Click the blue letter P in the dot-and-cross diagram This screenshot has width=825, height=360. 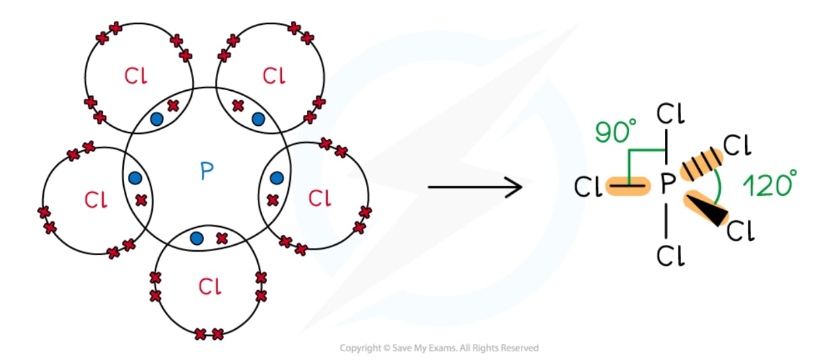pos(207,172)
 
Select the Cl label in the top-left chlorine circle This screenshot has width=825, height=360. pos(135,76)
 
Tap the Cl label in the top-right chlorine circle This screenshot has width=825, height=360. pos(274,75)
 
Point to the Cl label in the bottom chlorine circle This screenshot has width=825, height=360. pos(210,287)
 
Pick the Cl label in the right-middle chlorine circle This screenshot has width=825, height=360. pos(319,198)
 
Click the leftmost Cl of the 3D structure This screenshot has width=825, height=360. pos(587,188)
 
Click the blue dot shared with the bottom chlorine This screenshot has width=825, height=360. pos(196,238)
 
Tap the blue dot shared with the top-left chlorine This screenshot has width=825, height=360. pos(157,119)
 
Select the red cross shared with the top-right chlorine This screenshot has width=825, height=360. pos(238,106)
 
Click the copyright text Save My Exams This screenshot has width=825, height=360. pos(439,348)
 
